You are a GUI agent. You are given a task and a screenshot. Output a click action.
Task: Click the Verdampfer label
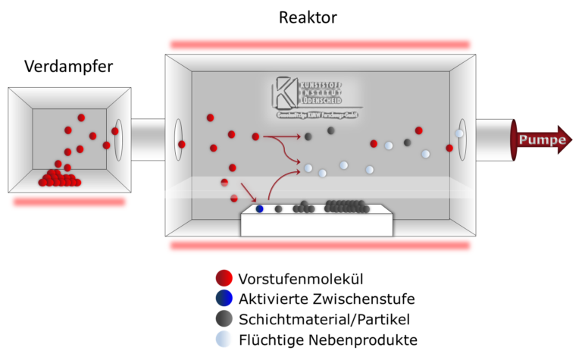68,67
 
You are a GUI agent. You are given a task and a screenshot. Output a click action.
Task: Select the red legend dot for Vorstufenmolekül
223,278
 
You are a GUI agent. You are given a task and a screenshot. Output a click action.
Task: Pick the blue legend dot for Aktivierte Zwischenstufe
223,299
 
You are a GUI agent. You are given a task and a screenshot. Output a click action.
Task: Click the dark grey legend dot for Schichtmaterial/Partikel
223,319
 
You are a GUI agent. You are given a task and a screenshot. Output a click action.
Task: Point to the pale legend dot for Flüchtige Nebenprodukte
223,340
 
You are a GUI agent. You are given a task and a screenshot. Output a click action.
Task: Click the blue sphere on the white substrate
260,208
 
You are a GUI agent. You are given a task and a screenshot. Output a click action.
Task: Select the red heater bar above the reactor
320,45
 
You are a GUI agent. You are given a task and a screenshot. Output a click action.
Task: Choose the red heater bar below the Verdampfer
69,202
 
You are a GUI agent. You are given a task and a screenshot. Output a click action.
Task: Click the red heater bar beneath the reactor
320,246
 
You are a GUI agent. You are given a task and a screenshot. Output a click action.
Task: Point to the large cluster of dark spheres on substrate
346,205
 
